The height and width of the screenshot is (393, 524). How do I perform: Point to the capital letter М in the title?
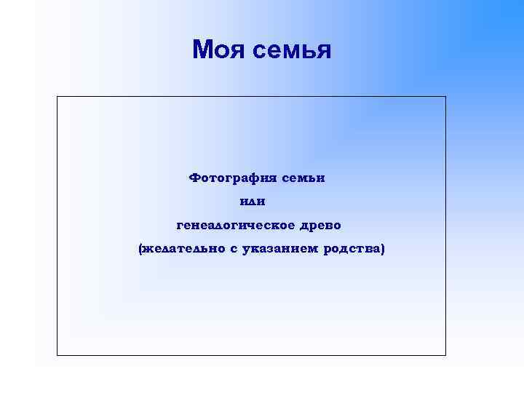[x=202, y=49]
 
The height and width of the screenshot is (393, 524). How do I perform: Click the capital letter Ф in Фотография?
[x=194, y=177]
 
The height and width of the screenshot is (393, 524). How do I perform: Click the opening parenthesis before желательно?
[x=141, y=249]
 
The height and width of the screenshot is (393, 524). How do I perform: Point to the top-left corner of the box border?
[x=57, y=97]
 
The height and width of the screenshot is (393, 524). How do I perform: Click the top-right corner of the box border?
[x=445, y=97]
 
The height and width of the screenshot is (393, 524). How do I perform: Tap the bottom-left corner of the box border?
[x=57, y=355]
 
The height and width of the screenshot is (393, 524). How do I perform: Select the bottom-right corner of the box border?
[x=445, y=355]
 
